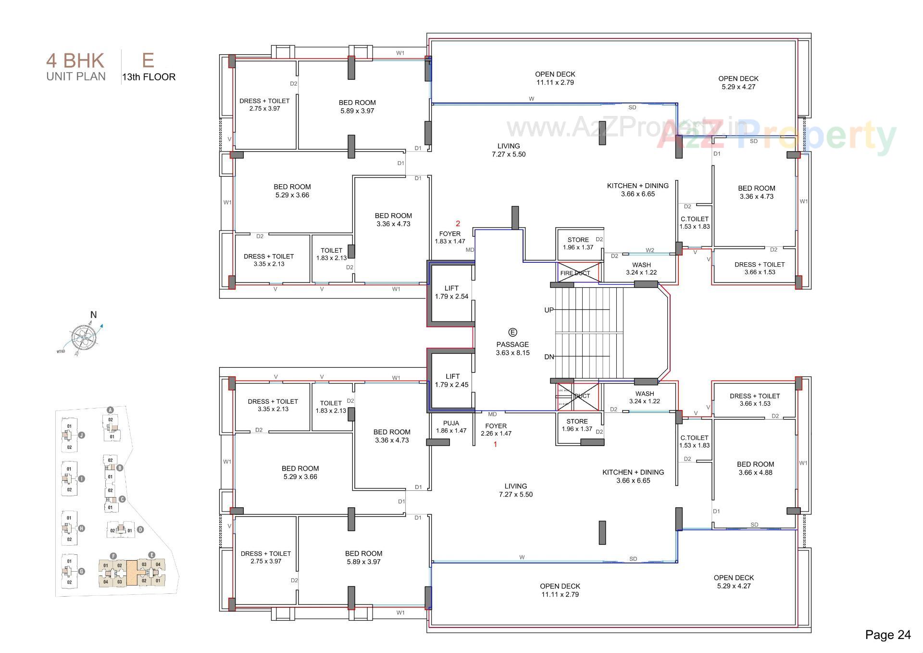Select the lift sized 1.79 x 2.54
(451, 293)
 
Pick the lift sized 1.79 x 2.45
(451, 381)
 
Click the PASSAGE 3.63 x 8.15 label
(512, 348)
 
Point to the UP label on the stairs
(549, 310)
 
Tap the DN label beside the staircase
(549, 357)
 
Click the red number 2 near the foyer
(458, 224)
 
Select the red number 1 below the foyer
(495, 445)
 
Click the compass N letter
(93, 315)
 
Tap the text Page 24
(887, 635)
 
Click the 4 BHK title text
(75, 61)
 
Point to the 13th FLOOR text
(149, 77)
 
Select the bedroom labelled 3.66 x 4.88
(755, 468)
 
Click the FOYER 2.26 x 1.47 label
(496, 430)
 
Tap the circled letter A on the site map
(110, 410)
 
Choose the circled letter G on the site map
(82, 571)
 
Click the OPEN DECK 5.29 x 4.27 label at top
(738, 83)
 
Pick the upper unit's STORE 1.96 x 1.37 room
(578, 243)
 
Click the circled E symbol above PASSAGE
(512, 333)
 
